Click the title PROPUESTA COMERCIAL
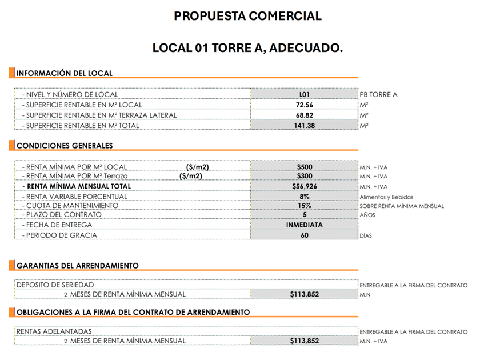click(247, 16)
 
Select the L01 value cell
click(305, 94)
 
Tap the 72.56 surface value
click(305, 105)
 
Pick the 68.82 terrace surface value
click(305, 115)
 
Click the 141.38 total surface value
click(305, 125)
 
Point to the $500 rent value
click(305, 166)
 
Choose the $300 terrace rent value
click(305, 176)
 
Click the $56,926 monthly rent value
click(305, 186)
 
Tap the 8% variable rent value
click(305, 196)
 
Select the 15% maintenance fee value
click(305, 205)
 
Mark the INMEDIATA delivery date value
click(305, 225)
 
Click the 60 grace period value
click(305, 235)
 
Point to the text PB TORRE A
click(378, 94)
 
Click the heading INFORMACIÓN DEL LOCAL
click(65, 73)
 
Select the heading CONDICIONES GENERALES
click(65, 146)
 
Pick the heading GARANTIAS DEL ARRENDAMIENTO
click(78, 266)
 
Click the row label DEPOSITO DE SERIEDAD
click(55, 285)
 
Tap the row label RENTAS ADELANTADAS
click(54, 331)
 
